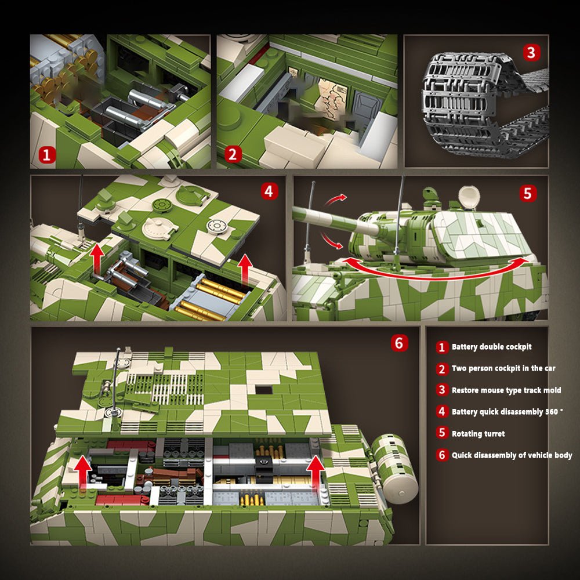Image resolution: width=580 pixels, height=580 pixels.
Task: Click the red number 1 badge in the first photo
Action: click(47, 154)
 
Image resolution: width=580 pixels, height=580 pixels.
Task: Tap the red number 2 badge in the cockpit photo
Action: click(233, 154)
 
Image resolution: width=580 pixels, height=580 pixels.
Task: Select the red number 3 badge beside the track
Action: click(530, 53)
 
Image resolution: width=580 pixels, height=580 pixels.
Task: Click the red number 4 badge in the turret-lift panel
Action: click(269, 191)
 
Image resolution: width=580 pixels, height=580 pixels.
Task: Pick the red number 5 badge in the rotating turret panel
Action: click(527, 193)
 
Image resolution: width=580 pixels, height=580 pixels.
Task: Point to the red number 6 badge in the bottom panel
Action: click(398, 343)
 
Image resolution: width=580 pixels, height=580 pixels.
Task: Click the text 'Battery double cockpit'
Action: click(491, 347)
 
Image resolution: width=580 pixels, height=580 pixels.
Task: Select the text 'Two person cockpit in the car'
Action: click(503, 368)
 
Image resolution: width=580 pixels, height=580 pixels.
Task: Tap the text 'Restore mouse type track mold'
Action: click(506, 390)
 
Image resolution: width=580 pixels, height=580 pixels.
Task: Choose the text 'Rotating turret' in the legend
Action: click(478, 434)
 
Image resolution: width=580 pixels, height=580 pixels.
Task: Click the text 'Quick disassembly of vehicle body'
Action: click(512, 455)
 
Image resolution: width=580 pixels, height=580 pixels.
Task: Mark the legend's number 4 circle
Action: click(442, 412)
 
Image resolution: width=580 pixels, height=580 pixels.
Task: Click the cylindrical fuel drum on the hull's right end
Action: click(394, 467)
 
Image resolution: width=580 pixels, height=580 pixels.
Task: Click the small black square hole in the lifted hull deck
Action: click(263, 390)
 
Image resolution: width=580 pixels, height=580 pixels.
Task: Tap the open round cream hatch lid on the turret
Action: click(468, 198)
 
